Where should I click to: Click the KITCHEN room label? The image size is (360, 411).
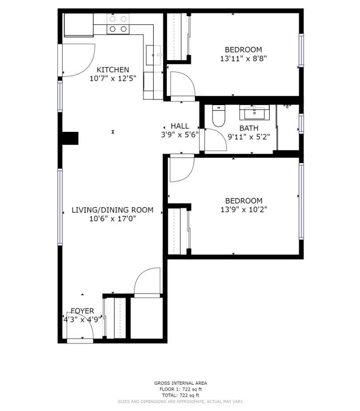pos(113,69)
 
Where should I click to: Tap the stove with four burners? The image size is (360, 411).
pos(118,24)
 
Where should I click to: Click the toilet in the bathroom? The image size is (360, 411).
pos(218,115)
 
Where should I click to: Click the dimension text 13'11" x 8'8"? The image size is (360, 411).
pos(243,58)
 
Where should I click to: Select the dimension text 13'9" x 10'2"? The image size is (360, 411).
pos(243,210)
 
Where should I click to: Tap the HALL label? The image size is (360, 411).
pos(180,126)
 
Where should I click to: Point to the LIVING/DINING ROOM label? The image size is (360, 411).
pos(113,210)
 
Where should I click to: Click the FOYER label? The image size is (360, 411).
pos(82,311)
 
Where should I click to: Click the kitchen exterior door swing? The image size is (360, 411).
pos(78,60)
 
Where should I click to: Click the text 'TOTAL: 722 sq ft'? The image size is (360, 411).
pos(180,395)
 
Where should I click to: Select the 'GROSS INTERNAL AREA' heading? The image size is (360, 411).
pos(180,383)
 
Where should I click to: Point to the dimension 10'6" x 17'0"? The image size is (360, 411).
pos(113,219)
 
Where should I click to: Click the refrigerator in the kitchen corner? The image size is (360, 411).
pos(78,24)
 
